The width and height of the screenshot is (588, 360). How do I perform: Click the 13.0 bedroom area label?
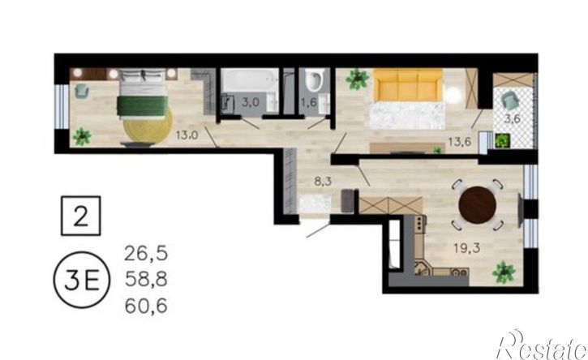[x=187, y=135]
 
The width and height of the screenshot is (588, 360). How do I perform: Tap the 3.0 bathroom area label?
[x=250, y=102]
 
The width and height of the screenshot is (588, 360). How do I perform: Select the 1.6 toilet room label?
[x=309, y=102]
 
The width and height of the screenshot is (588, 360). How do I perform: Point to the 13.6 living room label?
[x=460, y=142]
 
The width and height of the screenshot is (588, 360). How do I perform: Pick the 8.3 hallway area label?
[x=323, y=182]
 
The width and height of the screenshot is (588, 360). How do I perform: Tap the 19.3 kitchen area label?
[x=467, y=248]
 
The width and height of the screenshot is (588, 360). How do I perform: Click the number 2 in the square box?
[x=80, y=216]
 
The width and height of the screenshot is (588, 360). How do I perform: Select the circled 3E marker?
[x=82, y=280]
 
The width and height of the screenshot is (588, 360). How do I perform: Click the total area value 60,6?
[x=146, y=306]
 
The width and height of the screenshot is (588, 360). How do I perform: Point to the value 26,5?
[x=146, y=254]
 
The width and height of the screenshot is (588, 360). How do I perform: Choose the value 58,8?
[x=146, y=280]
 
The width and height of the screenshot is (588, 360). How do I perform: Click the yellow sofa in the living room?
[x=408, y=85]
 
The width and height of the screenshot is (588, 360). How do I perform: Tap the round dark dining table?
[x=478, y=205]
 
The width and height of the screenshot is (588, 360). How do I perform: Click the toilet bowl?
[x=314, y=80]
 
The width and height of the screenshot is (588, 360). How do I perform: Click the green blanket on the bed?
[x=142, y=106]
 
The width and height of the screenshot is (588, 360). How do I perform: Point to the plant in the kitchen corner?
[x=504, y=272]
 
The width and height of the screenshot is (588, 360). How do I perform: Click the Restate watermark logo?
[x=542, y=345]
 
